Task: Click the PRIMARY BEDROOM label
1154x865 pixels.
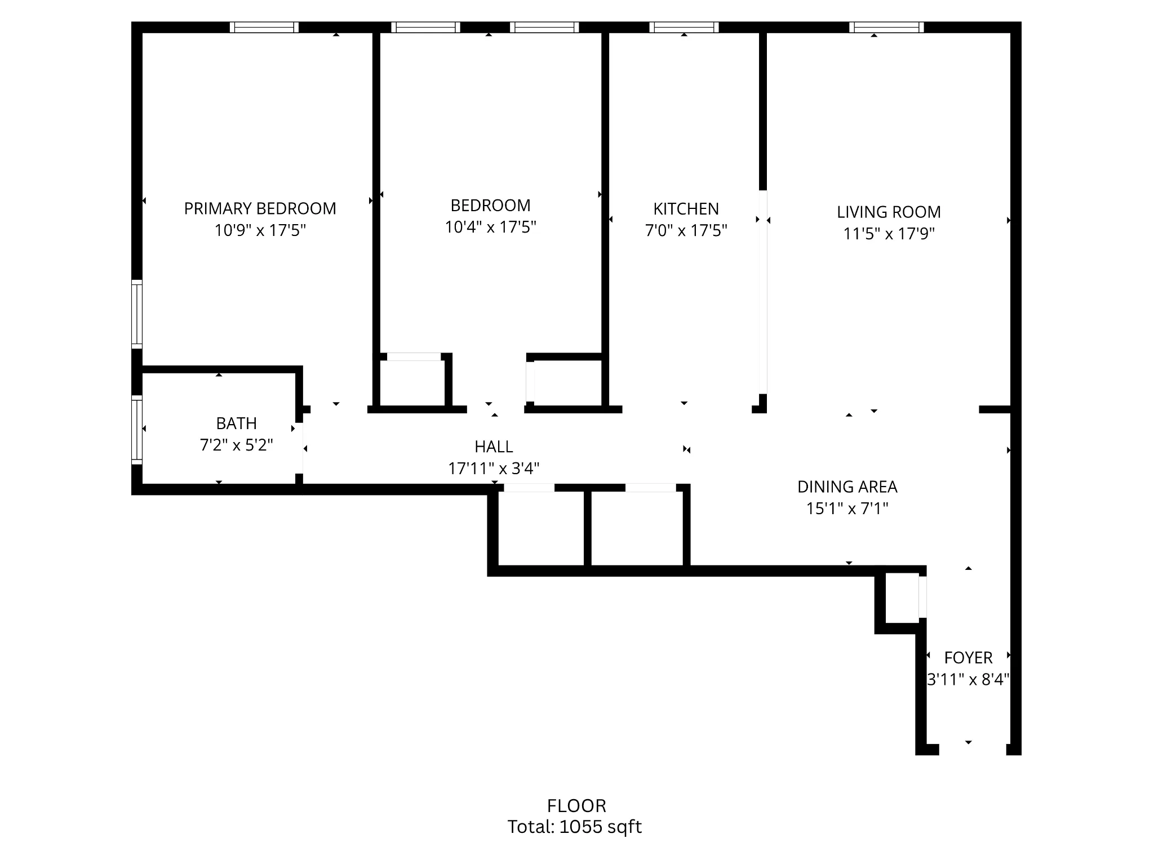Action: click(x=260, y=208)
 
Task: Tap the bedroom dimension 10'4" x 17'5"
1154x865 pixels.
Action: click(x=490, y=227)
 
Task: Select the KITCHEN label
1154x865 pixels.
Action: click(x=686, y=209)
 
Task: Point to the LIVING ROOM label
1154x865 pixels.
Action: click(x=889, y=212)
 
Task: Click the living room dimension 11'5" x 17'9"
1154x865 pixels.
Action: click(x=889, y=234)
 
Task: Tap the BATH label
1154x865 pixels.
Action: click(x=236, y=423)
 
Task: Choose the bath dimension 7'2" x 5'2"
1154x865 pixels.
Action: click(x=236, y=445)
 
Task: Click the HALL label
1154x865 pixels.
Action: click(x=494, y=447)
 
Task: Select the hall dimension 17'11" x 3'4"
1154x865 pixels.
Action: click(x=494, y=469)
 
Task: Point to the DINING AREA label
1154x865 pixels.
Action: click(x=847, y=487)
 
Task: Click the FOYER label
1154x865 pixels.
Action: click(x=968, y=658)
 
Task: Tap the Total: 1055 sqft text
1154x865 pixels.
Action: click(x=574, y=827)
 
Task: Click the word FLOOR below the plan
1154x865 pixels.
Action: click(x=576, y=806)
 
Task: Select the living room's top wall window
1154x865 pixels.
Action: click(x=886, y=27)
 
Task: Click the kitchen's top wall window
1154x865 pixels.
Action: click(x=684, y=27)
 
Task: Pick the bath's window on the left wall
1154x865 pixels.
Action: click(x=136, y=430)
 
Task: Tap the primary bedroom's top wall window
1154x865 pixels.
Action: click(x=264, y=27)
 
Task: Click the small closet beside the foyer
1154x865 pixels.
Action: click(x=902, y=598)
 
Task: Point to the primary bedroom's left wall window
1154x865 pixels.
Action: click(x=136, y=313)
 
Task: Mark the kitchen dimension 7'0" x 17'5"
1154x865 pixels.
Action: click(x=686, y=230)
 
